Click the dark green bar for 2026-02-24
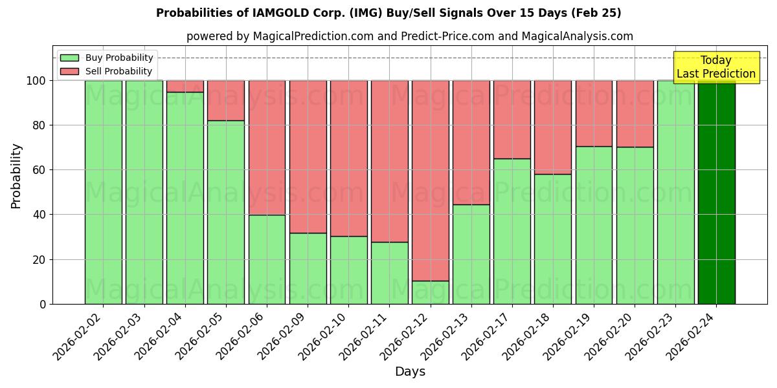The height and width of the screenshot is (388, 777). click(x=716, y=192)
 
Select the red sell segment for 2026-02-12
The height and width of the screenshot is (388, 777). click(x=431, y=180)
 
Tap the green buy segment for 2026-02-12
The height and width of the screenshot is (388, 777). click(x=431, y=292)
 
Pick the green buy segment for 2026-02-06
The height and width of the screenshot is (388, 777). click(x=267, y=259)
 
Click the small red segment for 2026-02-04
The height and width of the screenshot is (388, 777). click(x=185, y=86)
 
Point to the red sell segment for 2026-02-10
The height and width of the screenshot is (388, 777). click(x=348, y=158)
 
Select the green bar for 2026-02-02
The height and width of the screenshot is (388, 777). click(x=104, y=192)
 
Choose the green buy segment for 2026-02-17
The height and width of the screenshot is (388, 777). click(x=512, y=231)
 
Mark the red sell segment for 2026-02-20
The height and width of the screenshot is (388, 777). click(x=635, y=114)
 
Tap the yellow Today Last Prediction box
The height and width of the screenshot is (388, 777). click(x=715, y=67)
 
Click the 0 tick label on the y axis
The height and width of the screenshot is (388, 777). click(x=43, y=304)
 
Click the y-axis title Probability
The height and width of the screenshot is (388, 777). click(x=16, y=175)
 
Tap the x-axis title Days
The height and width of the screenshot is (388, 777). click(x=410, y=372)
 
